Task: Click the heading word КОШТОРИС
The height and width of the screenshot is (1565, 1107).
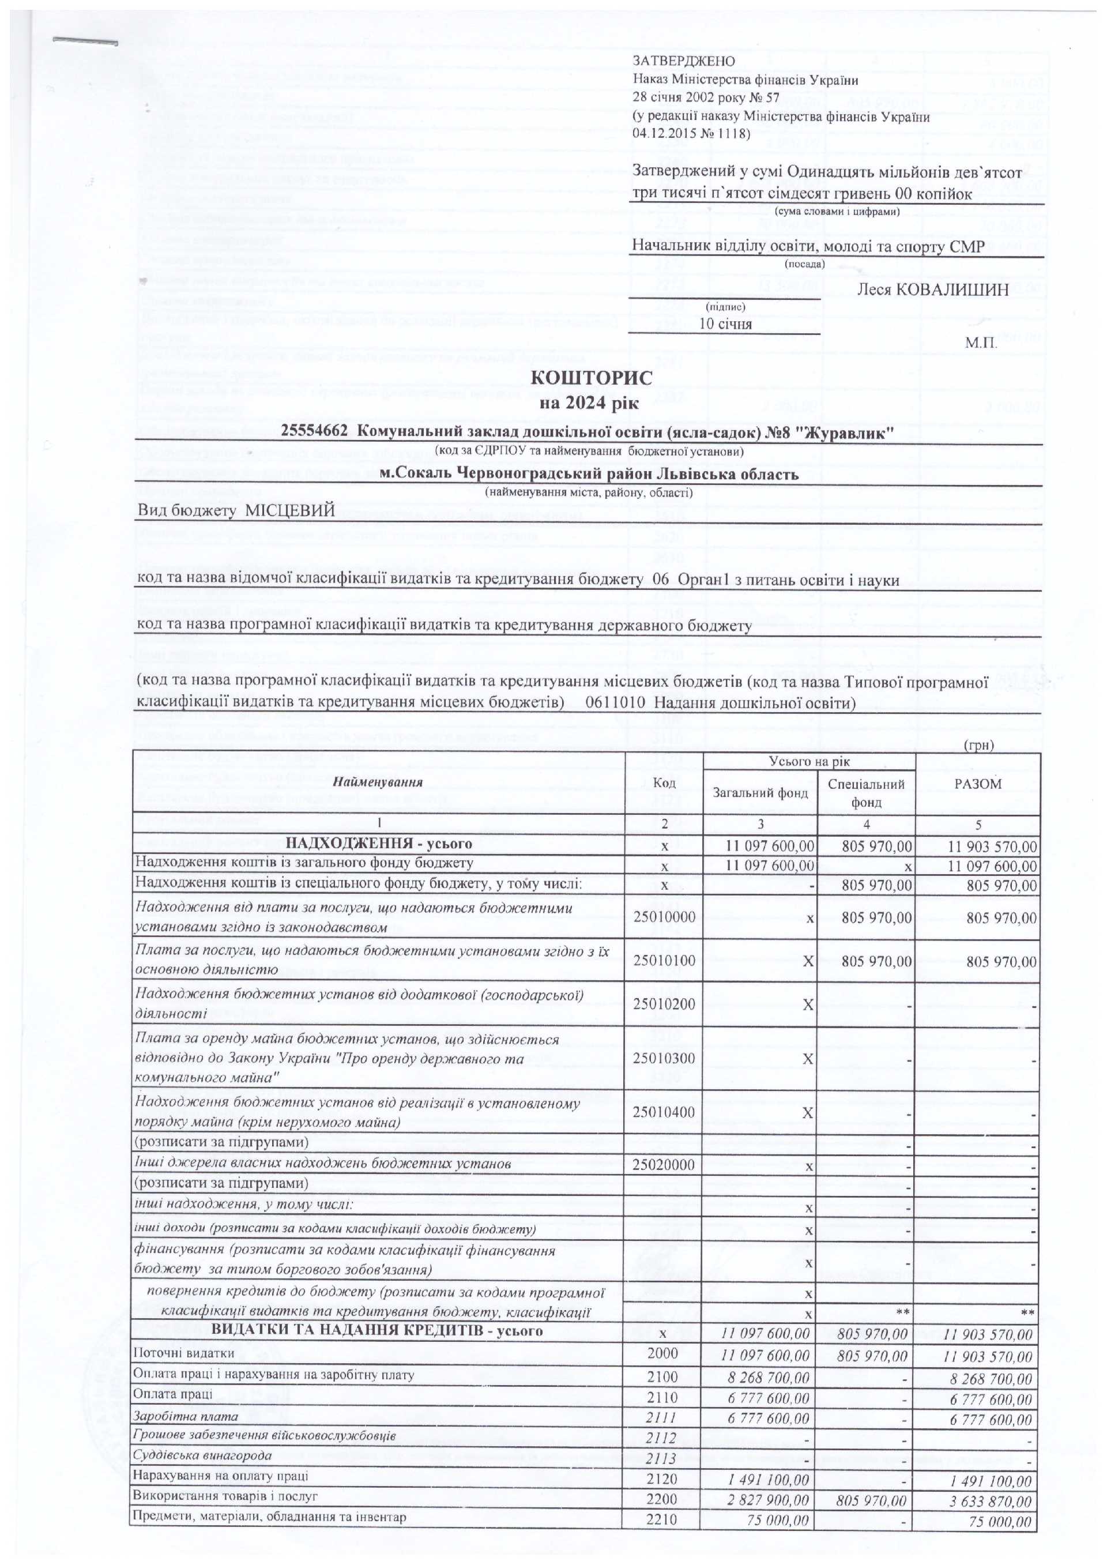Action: (591, 378)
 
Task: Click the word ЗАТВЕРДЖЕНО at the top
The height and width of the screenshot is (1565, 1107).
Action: (675, 61)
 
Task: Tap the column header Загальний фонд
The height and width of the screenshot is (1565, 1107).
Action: (760, 792)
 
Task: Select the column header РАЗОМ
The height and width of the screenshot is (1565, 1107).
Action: (977, 784)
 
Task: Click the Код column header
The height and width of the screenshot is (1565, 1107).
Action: (664, 784)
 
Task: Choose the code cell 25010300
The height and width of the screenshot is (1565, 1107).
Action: (664, 1059)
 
